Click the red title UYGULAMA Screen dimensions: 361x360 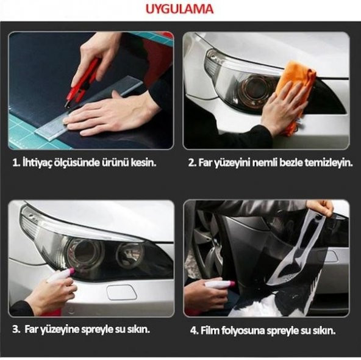click(x=179, y=9)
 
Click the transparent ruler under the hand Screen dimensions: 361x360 click(x=90, y=108)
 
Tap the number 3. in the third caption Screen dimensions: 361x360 click(x=16, y=329)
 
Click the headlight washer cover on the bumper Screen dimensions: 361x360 click(x=122, y=292)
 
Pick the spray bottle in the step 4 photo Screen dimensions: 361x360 click(x=220, y=284)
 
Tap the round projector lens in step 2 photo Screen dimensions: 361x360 click(x=257, y=88)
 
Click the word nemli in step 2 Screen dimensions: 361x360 click(x=265, y=163)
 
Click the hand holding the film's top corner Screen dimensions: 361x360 click(x=321, y=207)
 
